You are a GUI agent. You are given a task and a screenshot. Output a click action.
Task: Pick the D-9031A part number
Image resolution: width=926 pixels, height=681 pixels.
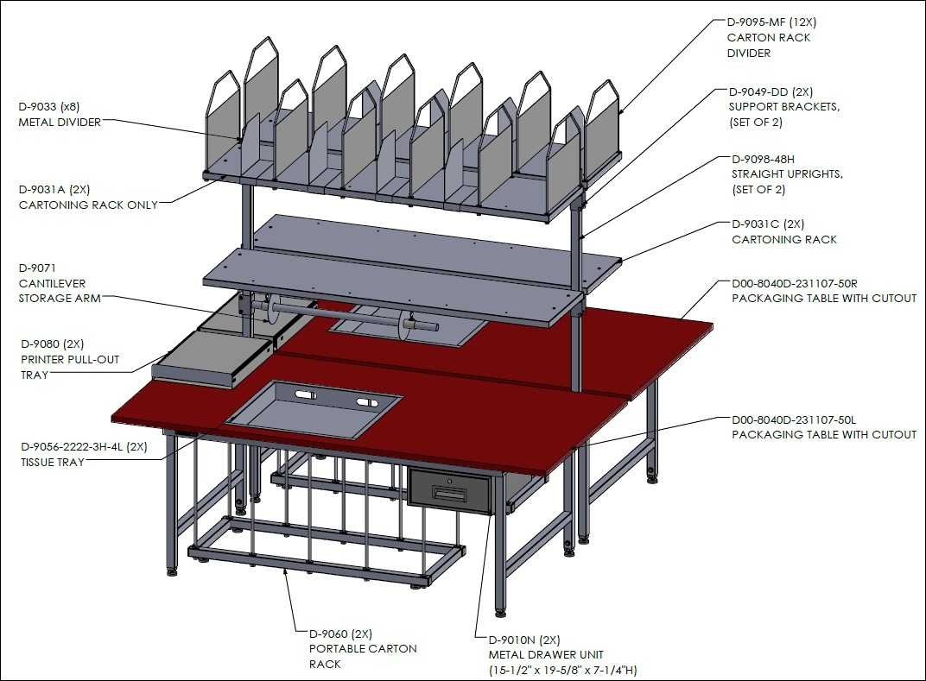[x=41, y=190]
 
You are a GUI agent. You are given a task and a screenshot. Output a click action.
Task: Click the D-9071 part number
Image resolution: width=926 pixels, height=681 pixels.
[x=37, y=268]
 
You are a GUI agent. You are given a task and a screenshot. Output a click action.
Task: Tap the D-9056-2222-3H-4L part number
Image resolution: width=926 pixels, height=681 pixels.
[x=72, y=447]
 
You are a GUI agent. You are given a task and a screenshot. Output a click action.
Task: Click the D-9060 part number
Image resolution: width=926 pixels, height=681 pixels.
[x=328, y=634]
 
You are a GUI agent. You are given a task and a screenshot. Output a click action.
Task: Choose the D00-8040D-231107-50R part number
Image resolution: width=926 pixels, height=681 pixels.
[x=795, y=284]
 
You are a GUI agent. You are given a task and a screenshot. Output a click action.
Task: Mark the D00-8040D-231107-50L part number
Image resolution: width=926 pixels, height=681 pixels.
[x=794, y=420]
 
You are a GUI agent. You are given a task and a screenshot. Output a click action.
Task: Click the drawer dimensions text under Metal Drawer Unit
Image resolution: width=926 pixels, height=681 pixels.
[x=563, y=671]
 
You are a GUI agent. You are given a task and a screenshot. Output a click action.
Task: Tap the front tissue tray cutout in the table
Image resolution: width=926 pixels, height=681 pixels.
[x=313, y=409]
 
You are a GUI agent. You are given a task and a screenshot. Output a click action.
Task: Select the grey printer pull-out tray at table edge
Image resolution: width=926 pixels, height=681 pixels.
[x=212, y=359]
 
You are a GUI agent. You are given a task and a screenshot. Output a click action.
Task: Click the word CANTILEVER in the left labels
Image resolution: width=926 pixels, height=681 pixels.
[x=52, y=283]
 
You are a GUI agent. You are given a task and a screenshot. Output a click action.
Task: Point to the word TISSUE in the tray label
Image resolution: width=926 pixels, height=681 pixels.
[x=36, y=463]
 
